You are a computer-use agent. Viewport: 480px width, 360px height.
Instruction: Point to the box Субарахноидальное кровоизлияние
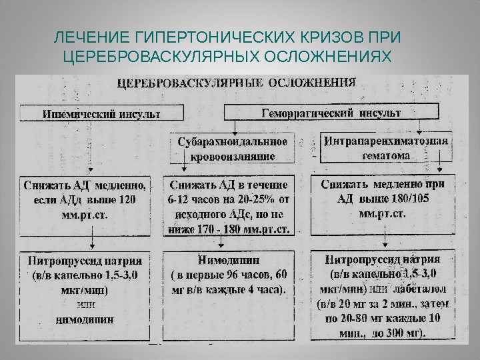(x=232, y=149)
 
